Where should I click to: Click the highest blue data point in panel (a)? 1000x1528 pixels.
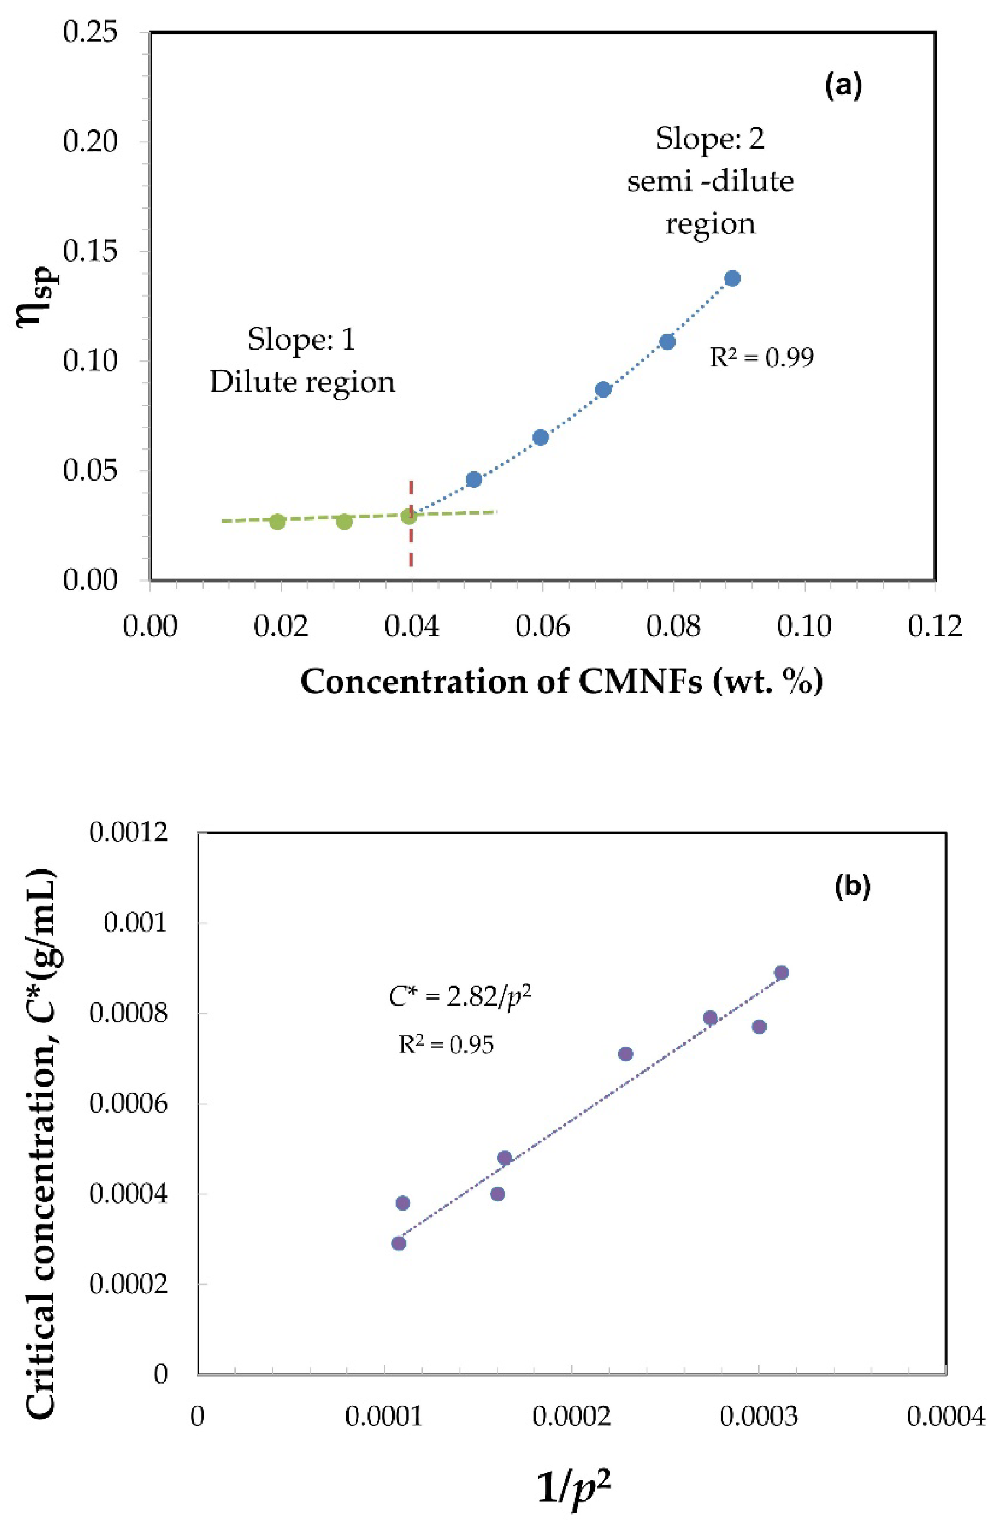[x=732, y=278]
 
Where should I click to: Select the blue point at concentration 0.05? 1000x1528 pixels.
[x=474, y=479]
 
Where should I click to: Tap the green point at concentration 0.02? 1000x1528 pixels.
[x=277, y=521]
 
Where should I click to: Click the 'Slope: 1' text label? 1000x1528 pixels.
[x=302, y=339]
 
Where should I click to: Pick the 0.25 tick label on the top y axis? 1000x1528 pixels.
[x=90, y=32]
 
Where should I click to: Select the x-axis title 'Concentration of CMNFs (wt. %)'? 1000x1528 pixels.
[x=562, y=682]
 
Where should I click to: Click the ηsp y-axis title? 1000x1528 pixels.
[x=37, y=289]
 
